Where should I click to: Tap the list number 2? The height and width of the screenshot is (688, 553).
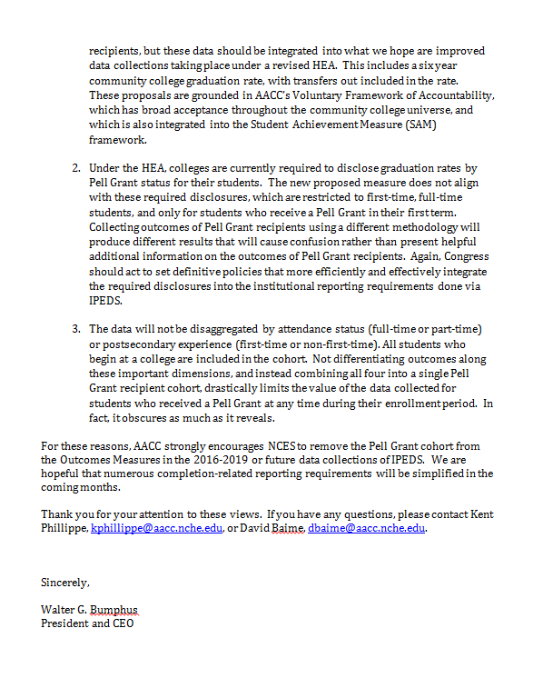75,168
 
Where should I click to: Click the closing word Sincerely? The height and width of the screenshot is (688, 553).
65,582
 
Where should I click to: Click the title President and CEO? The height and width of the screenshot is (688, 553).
87,623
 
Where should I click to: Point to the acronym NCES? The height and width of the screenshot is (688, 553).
308,446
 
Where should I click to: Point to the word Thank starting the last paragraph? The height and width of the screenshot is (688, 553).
57,514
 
